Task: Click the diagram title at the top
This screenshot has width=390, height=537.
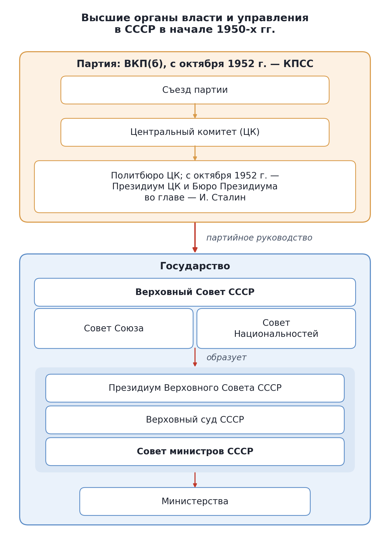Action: pyautogui.click(x=195, y=24)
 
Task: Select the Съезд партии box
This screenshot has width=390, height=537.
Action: pyautogui.click(x=195, y=90)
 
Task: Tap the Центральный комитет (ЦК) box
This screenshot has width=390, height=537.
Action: pyautogui.click(x=195, y=132)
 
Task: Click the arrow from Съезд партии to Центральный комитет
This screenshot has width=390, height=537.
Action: pyautogui.click(x=195, y=111)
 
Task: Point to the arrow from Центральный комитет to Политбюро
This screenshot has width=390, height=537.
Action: pyautogui.click(x=195, y=153)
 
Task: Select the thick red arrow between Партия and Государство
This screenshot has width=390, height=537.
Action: pyautogui.click(x=195, y=237)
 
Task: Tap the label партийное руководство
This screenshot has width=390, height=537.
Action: pyautogui.click(x=259, y=238)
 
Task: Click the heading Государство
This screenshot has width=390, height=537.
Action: pyautogui.click(x=195, y=266)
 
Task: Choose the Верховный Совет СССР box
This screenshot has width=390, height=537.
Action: pyautogui.click(x=195, y=292)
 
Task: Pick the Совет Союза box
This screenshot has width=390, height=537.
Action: pyautogui.click(x=114, y=329)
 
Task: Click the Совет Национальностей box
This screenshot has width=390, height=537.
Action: pyautogui.click(x=276, y=329)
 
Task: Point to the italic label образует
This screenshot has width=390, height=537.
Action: pyautogui.click(x=226, y=357)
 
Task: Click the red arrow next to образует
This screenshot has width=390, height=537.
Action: pyautogui.click(x=195, y=357)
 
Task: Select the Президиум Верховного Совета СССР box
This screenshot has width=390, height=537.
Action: pyautogui.click(x=195, y=388)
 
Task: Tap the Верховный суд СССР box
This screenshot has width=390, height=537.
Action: pyautogui.click(x=195, y=420)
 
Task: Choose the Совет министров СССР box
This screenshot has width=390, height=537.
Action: pyautogui.click(x=195, y=452)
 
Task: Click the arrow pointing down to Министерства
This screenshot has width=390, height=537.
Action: pyautogui.click(x=195, y=480)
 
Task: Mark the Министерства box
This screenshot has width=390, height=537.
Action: pyautogui.click(x=195, y=501)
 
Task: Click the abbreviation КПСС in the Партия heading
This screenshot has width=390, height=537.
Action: pyautogui.click(x=298, y=64)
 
